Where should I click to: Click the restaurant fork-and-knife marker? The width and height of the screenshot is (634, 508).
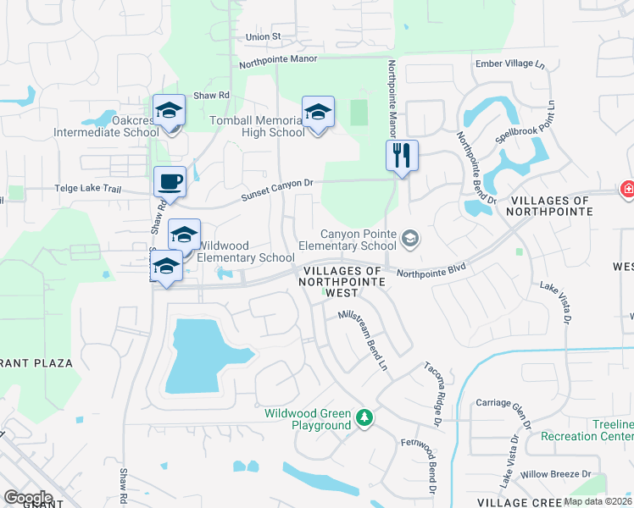[402, 156]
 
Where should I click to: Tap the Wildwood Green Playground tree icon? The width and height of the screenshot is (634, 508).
[364, 417]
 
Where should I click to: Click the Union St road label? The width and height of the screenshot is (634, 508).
[263, 37]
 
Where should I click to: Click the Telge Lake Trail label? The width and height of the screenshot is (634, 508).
[89, 189]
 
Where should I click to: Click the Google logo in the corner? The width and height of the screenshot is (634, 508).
[28, 498]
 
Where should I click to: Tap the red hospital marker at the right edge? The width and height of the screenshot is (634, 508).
[627, 190]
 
